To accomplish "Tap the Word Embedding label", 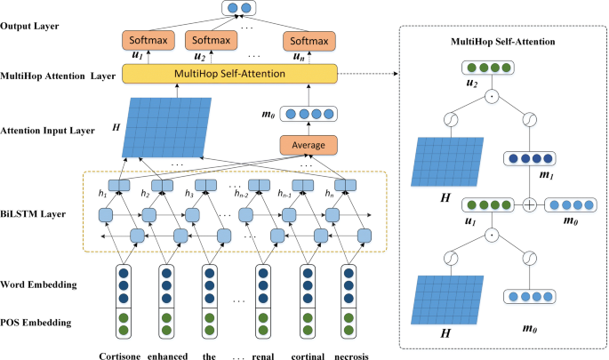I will point(40,284).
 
